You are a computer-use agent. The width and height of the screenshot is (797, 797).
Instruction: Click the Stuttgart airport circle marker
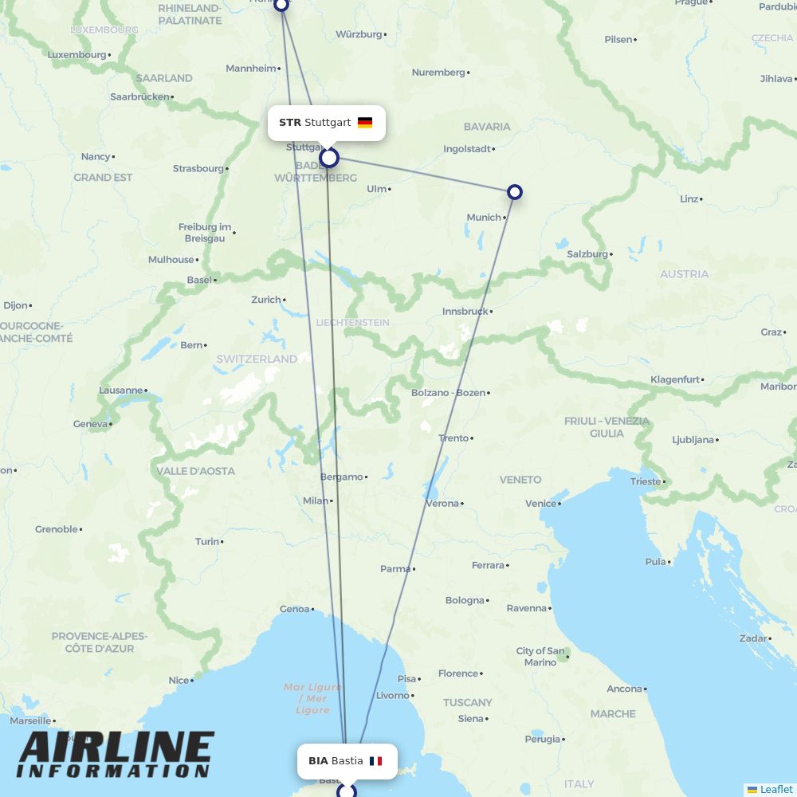click(329, 158)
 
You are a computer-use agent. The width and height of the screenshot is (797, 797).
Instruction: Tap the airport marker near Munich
click(515, 192)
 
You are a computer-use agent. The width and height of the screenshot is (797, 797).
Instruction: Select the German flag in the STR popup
click(365, 123)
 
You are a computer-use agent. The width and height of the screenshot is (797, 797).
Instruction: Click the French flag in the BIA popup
click(375, 761)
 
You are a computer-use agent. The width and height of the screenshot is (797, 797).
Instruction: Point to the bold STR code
click(290, 123)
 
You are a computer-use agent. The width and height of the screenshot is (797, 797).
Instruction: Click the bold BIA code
click(318, 761)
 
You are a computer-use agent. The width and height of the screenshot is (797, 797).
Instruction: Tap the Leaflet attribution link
click(775, 789)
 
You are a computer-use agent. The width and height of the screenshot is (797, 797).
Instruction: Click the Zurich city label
click(266, 300)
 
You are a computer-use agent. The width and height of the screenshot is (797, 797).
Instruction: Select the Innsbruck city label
click(465, 312)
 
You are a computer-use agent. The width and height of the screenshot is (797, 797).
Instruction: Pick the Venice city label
click(540, 504)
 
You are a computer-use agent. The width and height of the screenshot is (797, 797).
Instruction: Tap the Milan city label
click(316, 501)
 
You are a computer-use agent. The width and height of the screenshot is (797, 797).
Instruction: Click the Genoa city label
click(294, 610)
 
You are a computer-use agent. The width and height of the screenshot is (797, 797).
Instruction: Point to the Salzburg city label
click(587, 254)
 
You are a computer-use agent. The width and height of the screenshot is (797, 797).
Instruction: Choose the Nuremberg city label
click(438, 73)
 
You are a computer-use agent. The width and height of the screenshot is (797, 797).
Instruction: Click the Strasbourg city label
click(198, 169)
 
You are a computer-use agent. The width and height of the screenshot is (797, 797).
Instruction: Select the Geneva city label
click(90, 424)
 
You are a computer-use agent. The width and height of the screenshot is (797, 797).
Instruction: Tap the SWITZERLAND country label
click(257, 359)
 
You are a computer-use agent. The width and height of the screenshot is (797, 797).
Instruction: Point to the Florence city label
click(458, 673)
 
